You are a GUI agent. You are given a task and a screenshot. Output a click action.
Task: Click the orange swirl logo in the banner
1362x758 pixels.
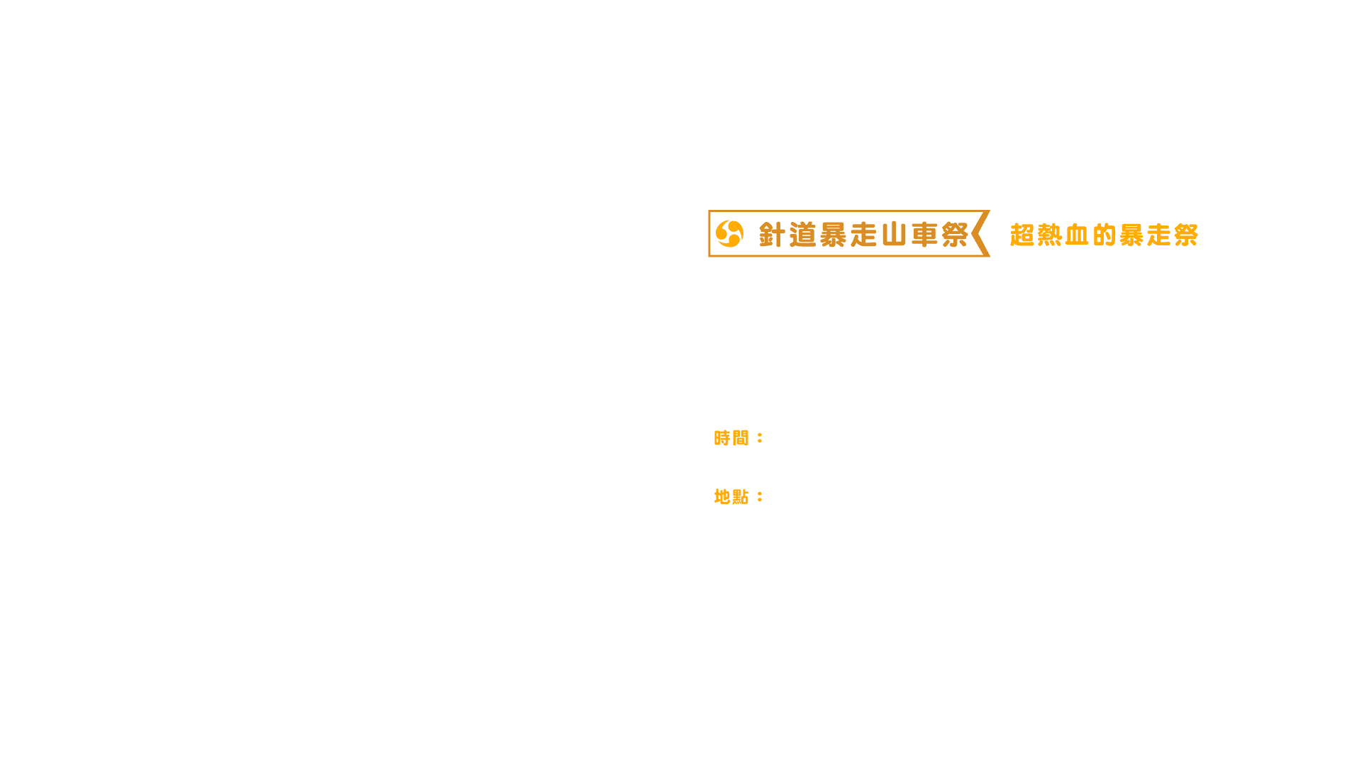[729, 233]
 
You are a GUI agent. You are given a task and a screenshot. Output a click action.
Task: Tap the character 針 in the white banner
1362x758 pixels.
[773, 235]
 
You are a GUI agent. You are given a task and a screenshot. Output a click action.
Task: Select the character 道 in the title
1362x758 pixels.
[803, 235]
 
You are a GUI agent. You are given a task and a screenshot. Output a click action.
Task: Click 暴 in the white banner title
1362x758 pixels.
[834, 235]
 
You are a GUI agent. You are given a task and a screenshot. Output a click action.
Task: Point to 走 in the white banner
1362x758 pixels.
[864, 235]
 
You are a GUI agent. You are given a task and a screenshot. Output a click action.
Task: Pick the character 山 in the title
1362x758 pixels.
[895, 235]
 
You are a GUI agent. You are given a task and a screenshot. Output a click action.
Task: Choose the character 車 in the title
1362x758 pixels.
[925, 235]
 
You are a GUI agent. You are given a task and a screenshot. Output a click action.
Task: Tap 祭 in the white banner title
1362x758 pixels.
[955, 235]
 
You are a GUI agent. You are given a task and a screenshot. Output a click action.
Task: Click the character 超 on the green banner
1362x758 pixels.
[1022, 235]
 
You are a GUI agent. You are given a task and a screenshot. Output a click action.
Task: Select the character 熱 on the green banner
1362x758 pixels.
[1050, 235]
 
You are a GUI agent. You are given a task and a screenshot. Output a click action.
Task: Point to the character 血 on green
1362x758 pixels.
[1077, 235]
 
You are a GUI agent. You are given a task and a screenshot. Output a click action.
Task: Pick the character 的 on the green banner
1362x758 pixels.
[1104, 235]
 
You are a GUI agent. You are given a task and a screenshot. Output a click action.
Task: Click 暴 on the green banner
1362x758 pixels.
[1131, 235]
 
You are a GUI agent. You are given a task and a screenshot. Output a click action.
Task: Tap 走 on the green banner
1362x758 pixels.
[1158, 235]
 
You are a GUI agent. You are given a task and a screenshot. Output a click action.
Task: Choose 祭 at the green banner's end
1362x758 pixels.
[1185, 235]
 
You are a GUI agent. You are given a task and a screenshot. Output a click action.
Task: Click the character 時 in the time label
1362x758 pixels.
[722, 438]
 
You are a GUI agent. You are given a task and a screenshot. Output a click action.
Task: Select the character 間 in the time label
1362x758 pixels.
[741, 438]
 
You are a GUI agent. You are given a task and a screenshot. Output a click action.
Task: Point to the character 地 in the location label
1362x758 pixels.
[722, 497]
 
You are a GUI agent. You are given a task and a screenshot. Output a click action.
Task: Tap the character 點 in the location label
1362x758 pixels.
[741, 497]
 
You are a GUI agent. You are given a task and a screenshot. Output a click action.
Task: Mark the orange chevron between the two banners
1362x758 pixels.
[981, 233]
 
